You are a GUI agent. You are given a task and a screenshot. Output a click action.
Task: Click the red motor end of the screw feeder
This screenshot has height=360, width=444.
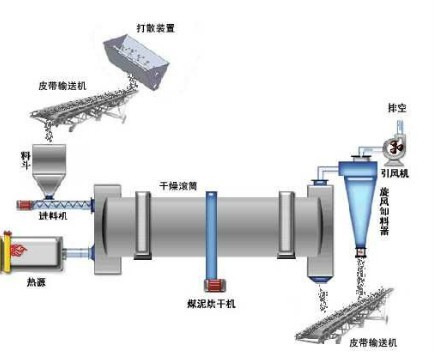[25, 207]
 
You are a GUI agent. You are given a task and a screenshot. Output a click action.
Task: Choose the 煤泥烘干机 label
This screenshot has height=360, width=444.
[211, 303]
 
